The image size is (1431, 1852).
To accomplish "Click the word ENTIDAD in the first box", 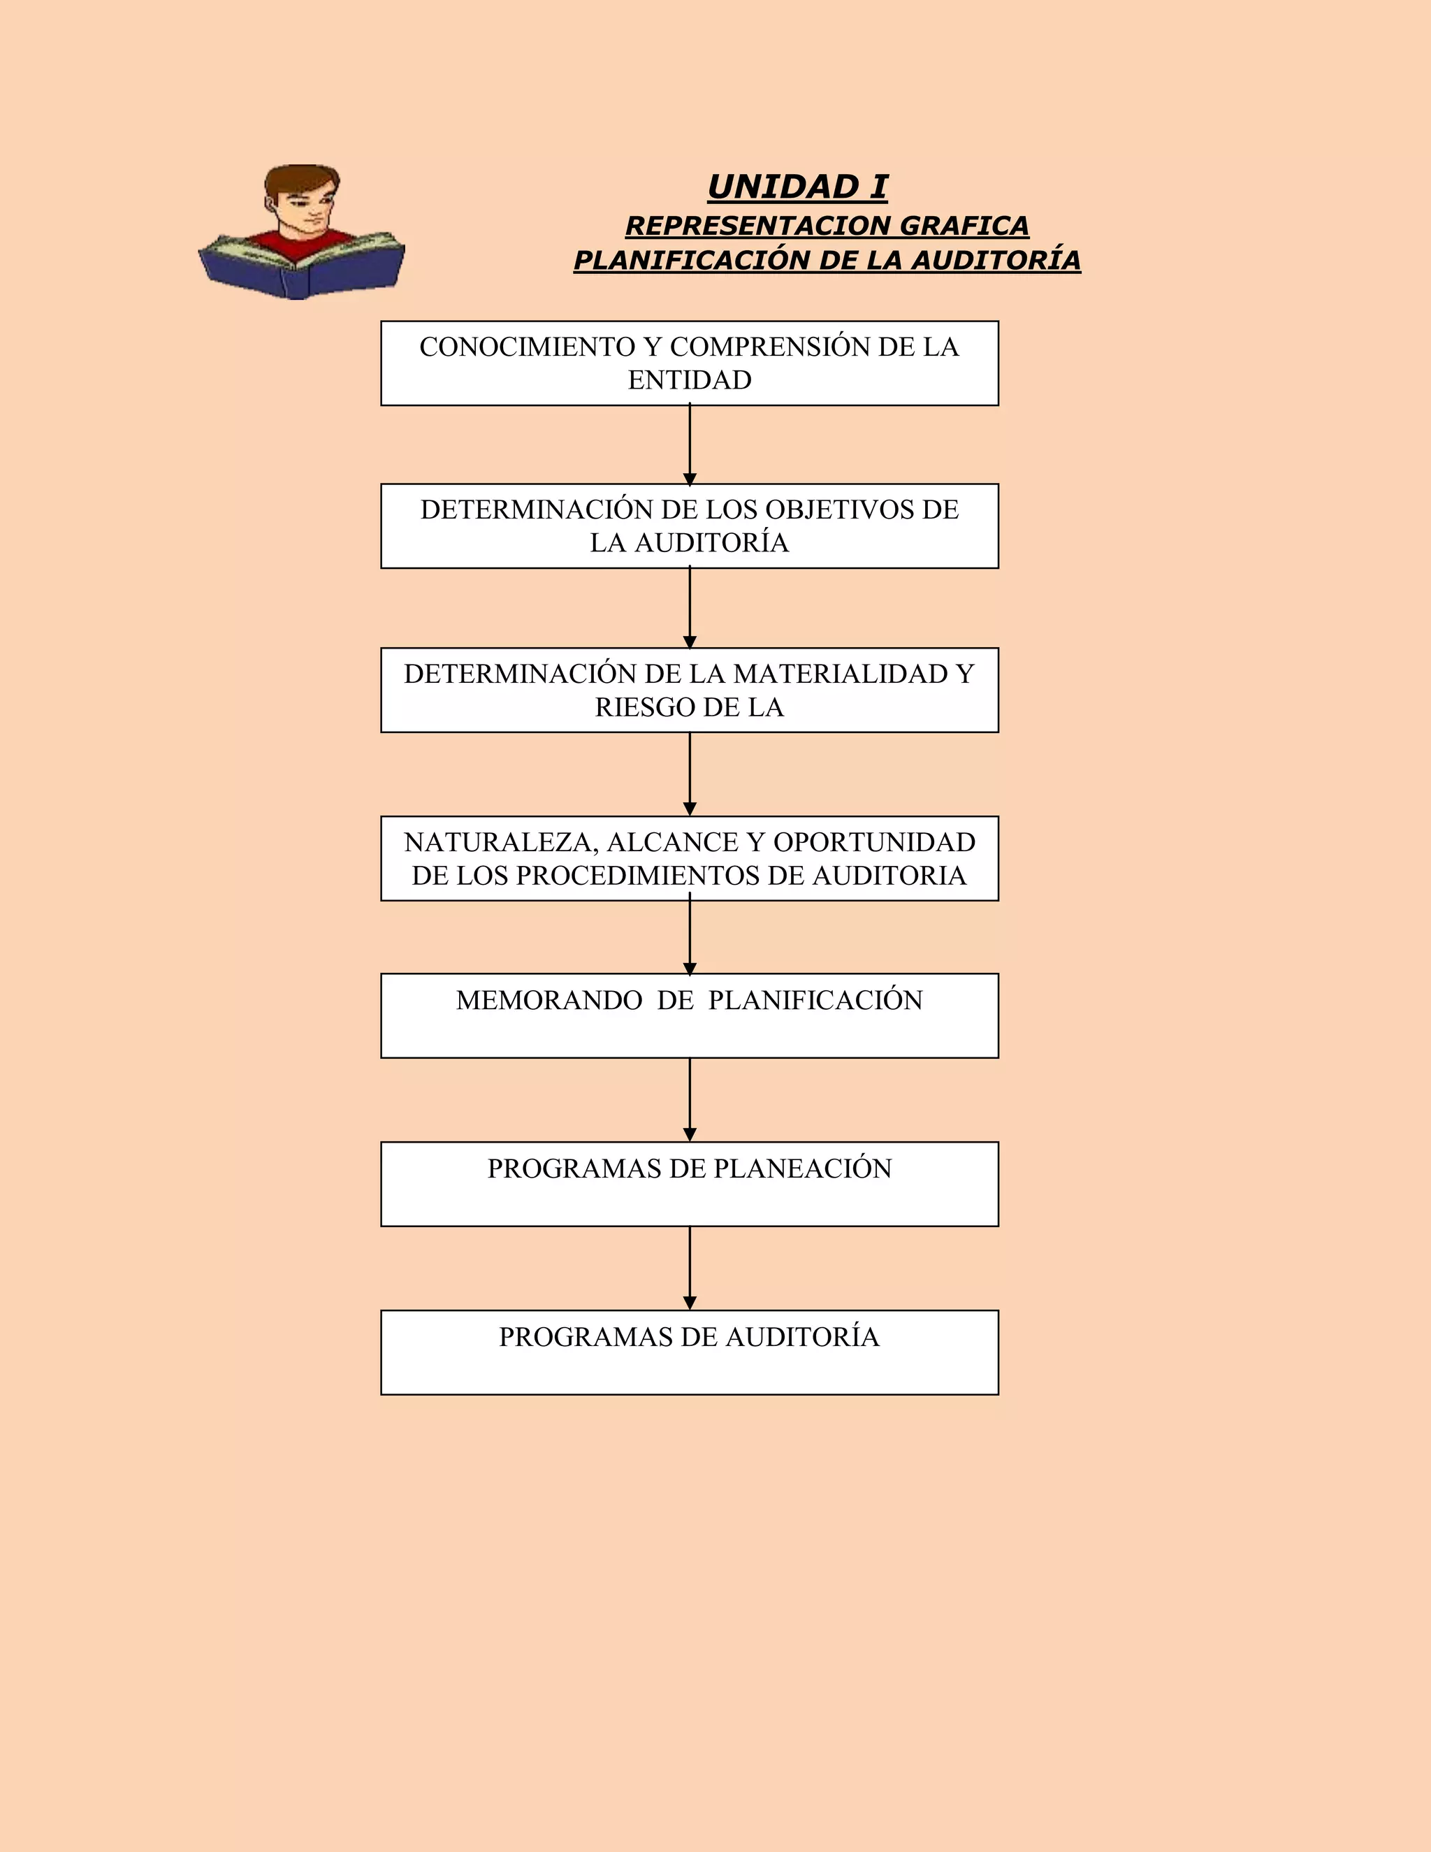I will coord(689,380).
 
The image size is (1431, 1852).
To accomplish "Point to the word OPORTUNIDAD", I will coord(874,842).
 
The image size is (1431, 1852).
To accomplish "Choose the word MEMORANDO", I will coord(549,1000).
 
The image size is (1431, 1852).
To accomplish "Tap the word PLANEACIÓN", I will coord(802,1169).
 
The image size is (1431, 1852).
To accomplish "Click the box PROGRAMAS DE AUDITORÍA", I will coord(689,1352).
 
